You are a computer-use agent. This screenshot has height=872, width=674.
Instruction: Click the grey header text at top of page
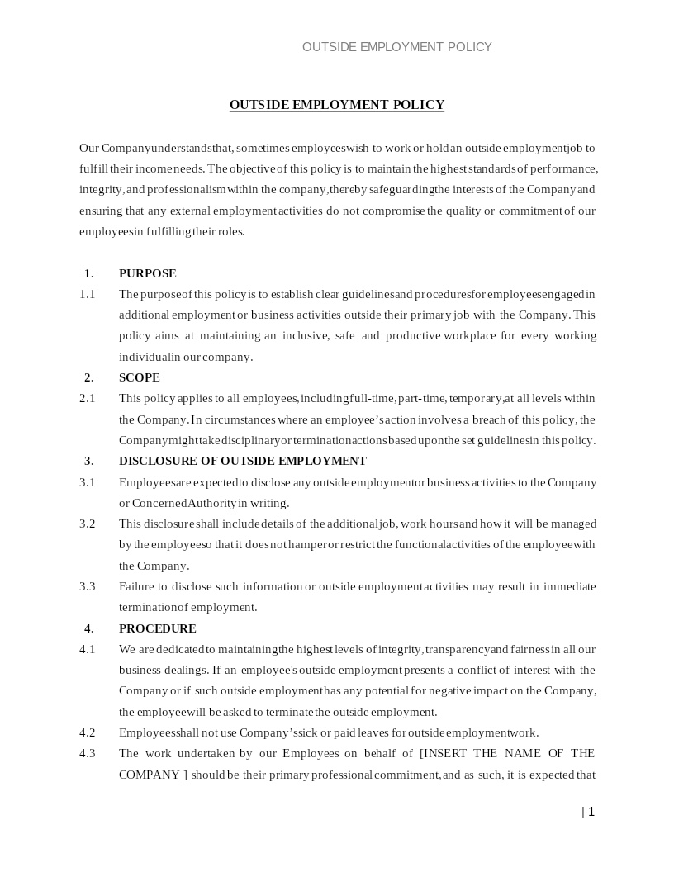pos(396,47)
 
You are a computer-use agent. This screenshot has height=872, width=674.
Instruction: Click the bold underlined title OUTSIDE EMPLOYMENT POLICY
pos(336,105)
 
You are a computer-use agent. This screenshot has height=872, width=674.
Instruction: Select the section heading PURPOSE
pos(147,273)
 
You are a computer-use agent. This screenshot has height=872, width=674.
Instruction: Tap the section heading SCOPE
pos(139,377)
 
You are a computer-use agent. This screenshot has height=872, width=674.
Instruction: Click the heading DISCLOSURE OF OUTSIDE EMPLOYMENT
pos(242,461)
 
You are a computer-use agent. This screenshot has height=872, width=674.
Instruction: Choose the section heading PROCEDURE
pos(157,628)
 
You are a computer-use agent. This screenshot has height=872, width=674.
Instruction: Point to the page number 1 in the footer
pos(591,812)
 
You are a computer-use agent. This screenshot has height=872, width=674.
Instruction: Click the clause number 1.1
pos(88,294)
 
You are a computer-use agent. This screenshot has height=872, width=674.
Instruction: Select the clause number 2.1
pos(88,398)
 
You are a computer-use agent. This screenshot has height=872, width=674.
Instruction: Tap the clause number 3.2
pos(88,524)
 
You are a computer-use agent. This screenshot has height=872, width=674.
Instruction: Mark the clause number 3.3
pos(88,586)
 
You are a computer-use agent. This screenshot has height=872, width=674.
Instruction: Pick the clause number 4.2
pos(88,732)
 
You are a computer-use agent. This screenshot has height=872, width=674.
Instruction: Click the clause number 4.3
pos(88,753)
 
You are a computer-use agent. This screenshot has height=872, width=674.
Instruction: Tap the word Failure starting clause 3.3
pos(137,586)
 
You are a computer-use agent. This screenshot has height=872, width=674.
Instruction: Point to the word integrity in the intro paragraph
pos(100,190)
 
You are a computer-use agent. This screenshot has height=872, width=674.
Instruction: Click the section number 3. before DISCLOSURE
pos(88,461)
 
